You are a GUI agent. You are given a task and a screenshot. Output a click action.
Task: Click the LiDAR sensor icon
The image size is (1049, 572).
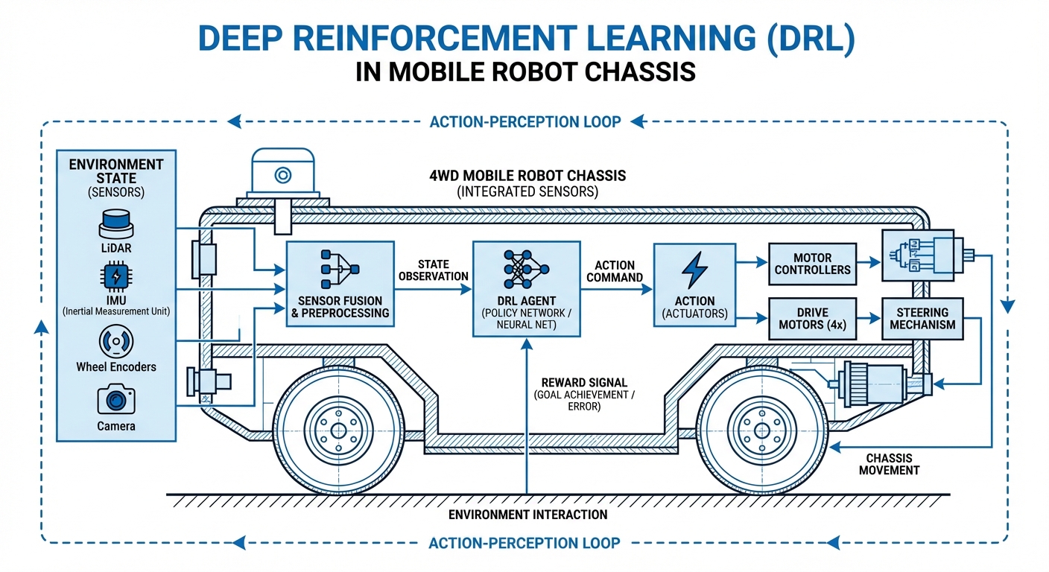[x=116, y=222]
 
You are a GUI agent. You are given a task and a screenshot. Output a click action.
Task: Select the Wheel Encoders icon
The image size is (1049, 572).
[x=116, y=341]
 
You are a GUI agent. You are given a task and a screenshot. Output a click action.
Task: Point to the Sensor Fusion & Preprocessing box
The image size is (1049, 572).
[x=340, y=284]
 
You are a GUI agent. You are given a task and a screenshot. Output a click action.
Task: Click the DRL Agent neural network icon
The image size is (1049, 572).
[x=526, y=269]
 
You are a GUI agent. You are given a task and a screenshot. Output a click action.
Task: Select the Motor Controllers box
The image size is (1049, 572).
[x=812, y=263]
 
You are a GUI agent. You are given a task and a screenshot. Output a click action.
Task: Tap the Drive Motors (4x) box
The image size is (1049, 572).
[x=812, y=319]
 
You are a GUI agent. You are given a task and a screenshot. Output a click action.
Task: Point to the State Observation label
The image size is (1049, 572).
[x=433, y=270]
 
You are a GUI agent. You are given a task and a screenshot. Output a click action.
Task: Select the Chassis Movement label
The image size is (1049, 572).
[x=889, y=464]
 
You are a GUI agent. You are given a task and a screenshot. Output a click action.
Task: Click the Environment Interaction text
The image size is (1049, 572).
[x=527, y=515]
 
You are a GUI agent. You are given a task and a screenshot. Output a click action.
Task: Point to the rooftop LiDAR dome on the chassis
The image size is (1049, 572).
[x=282, y=175]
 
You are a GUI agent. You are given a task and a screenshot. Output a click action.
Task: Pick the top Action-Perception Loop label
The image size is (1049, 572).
[x=524, y=121]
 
